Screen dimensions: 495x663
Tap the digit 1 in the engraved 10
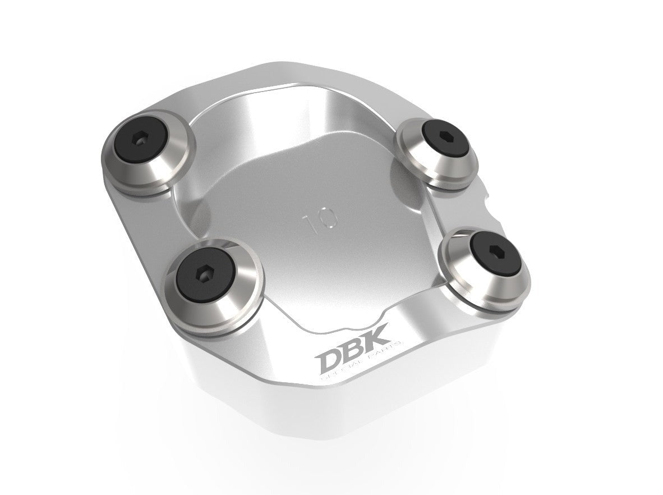point(310,222)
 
